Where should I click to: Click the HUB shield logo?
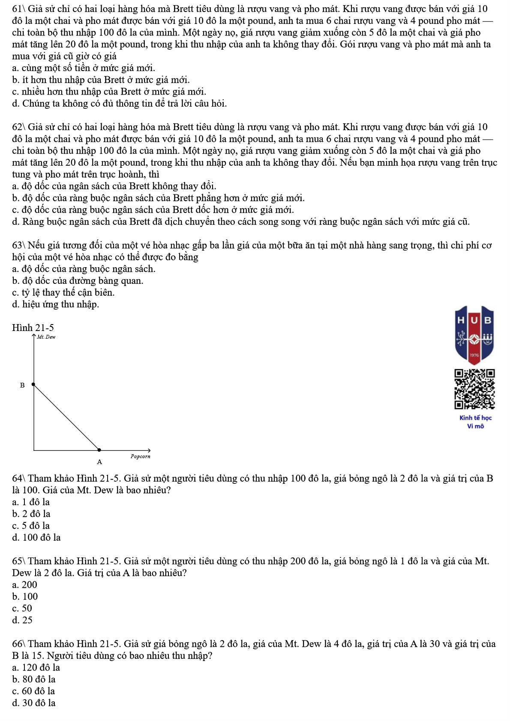coord(474,334)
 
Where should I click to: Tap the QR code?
coord(474,389)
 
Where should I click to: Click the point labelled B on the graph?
coord(33,384)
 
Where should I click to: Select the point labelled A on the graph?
coord(99,450)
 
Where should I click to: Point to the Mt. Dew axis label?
coord(46,337)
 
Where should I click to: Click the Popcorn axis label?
coord(141,456)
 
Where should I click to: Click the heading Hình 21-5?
coord(33,328)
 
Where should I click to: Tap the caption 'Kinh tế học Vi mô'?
coord(475,422)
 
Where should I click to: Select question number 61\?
coord(19,9)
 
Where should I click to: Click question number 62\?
coord(19,127)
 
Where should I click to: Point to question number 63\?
coord(19,245)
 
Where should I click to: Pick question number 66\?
coord(19,644)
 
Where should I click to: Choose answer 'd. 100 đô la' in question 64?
coord(36,537)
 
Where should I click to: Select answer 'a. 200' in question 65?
coord(25,585)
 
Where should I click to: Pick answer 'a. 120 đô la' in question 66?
coord(36,667)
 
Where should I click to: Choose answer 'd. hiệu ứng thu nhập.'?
coord(56,304)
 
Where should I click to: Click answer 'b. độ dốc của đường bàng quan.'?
coord(78,281)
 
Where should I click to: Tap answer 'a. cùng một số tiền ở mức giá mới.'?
coord(84,68)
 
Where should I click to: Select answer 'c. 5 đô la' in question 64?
coord(31,526)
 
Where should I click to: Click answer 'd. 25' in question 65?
coord(22,620)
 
